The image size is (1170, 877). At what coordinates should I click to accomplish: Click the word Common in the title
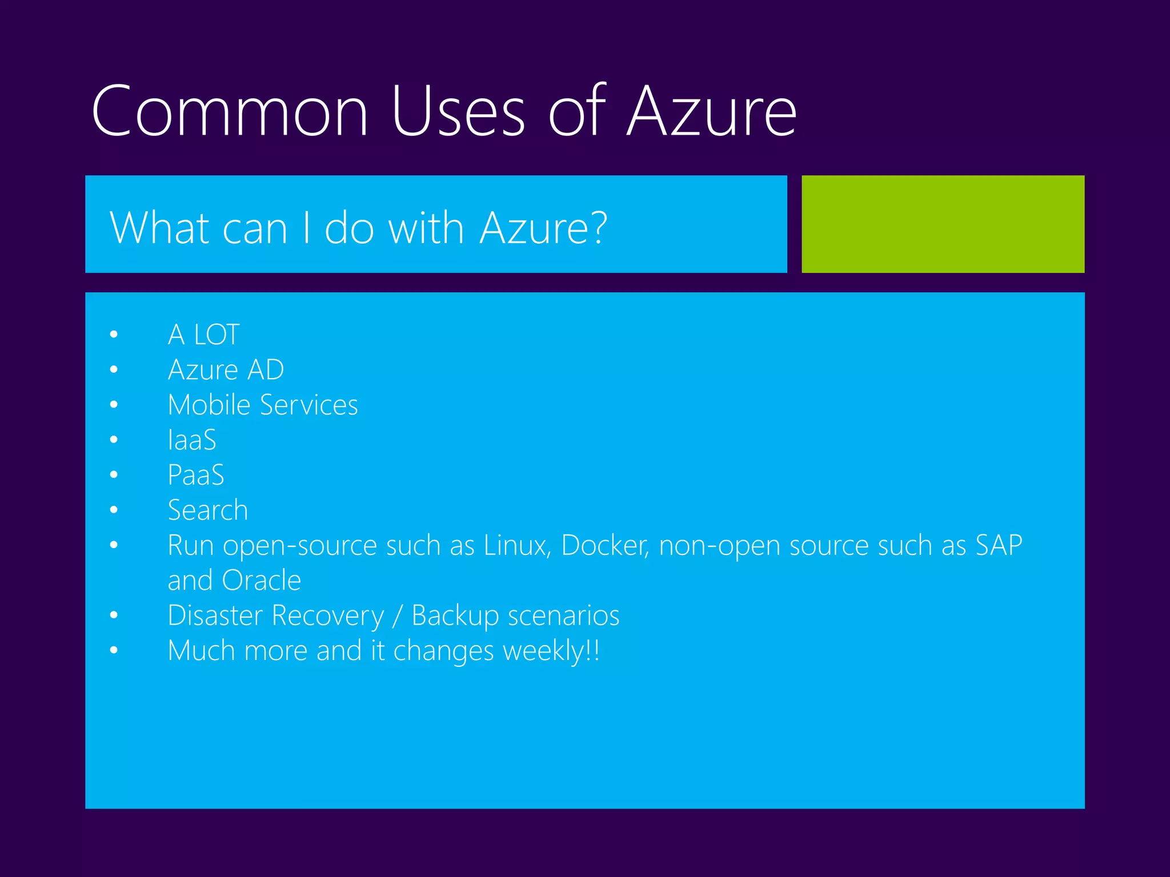point(230,111)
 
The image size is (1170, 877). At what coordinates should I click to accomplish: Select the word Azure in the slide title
point(711,111)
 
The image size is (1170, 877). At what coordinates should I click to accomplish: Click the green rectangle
point(943,224)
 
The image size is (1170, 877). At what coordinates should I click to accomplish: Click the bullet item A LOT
point(203,335)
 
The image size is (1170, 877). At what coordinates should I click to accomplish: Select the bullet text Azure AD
point(226,370)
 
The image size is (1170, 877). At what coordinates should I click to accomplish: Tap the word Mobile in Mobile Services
point(209,405)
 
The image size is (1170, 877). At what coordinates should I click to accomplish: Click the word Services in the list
point(308,405)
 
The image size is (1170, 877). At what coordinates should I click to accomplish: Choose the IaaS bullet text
point(192,440)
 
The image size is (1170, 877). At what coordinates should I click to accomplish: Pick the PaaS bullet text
point(196,475)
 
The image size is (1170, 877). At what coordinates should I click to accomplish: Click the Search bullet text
point(208,510)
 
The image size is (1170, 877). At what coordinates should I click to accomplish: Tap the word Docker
point(604,545)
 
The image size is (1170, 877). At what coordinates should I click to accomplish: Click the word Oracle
point(261,581)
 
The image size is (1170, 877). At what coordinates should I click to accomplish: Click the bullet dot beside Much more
point(114,650)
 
